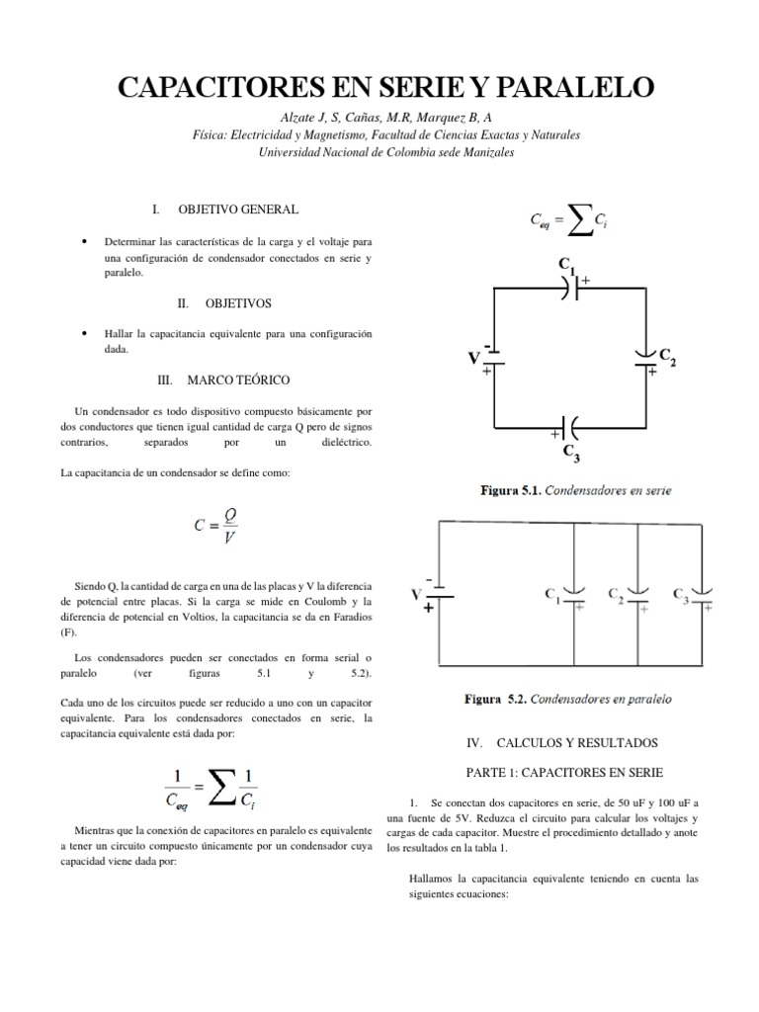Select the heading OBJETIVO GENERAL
[238, 210]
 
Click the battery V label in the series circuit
[474, 359]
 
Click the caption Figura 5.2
[568, 699]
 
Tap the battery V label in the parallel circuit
[416, 595]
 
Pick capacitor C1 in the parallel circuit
[574, 596]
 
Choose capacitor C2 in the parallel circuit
[638, 596]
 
